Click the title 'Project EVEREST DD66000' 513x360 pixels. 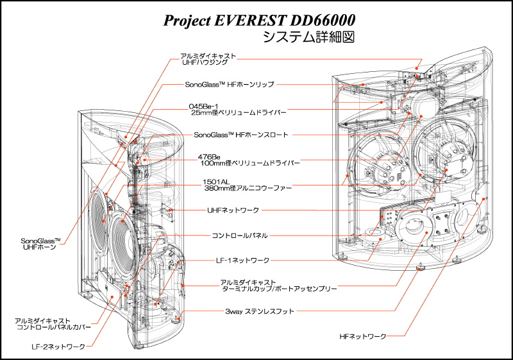[259, 21]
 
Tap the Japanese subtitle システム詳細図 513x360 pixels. [308, 37]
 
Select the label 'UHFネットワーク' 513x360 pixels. [233, 210]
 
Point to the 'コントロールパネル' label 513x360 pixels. [240, 236]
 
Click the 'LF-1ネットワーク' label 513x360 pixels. [242, 261]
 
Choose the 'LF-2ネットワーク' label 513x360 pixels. [58, 347]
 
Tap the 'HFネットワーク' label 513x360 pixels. [363, 336]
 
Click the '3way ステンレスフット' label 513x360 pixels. [260, 311]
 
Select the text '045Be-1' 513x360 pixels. [203, 107]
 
